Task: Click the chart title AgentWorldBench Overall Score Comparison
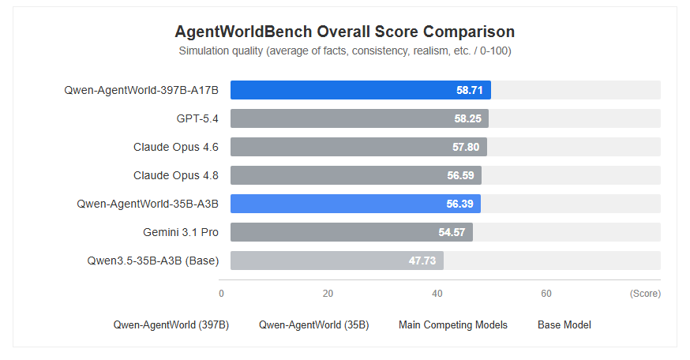tap(344, 32)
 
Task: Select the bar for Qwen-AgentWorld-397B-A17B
tap(361, 90)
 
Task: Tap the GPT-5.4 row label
tap(197, 118)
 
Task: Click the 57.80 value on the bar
tap(466, 147)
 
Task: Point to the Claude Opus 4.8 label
tap(175, 175)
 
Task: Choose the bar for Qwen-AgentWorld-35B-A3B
tap(355, 204)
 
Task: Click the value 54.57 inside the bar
tap(452, 232)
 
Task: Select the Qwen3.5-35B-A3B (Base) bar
tap(337, 261)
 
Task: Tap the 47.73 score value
tap(422, 261)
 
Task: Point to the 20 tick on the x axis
tap(328, 294)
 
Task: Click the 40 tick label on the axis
tap(437, 294)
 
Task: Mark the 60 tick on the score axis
tap(546, 294)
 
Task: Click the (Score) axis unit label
tap(645, 294)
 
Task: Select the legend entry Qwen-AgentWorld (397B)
tap(171, 324)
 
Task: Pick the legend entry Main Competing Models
tap(453, 324)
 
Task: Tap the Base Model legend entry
tap(564, 324)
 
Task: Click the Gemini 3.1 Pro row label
tap(181, 232)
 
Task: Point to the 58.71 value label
tap(470, 90)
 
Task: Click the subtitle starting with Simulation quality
tap(345, 51)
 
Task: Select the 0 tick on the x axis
tap(221, 294)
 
